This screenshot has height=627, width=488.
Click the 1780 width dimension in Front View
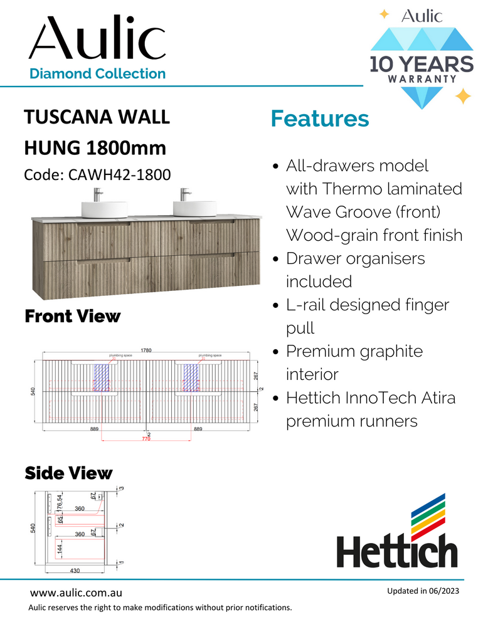coord(146,350)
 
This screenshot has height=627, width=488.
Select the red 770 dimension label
coord(146,440)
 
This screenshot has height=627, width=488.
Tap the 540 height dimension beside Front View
coord(33,391)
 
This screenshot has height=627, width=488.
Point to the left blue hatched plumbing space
coord(102,378)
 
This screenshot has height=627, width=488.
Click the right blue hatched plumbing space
coord(191,378)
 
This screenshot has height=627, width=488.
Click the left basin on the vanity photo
coord(104,208)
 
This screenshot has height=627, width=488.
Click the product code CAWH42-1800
coord(97,175)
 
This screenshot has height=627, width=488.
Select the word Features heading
coord(319,119)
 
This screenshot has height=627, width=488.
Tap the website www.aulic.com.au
coord(76,593)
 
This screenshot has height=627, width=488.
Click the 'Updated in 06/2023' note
coord(422,592)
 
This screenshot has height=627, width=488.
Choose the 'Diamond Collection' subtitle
coord(98,73)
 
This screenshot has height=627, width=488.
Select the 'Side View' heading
coord(68,473)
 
